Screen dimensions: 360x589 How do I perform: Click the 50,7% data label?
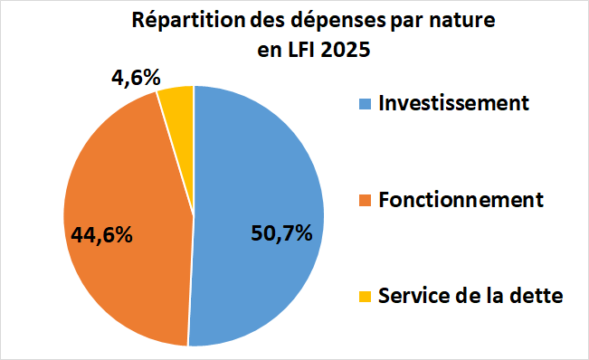281,233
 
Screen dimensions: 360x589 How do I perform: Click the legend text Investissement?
454,102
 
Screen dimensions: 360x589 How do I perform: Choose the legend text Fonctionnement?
461,199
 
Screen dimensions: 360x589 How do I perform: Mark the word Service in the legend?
412,296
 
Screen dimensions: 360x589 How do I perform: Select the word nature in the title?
463,21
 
